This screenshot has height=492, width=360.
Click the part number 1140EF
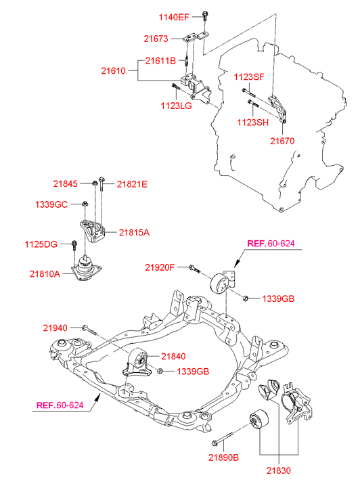[174, 17]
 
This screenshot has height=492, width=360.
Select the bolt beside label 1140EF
[205, 16]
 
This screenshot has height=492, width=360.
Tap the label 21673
[156, 39]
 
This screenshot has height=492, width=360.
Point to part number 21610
[113, 70]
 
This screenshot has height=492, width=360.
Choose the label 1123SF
[249, 77]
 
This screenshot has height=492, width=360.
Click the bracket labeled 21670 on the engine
[278, 108]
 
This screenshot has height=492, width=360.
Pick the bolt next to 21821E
[102, 184]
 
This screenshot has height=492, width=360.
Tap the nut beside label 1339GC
[84, 204]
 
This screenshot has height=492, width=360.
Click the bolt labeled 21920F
[194, 269]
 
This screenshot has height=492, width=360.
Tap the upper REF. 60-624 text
[271, 244]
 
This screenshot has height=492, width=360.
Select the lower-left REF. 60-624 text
[60, 405]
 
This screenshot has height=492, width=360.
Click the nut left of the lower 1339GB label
[160, 371]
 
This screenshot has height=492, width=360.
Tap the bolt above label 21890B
[223, 439]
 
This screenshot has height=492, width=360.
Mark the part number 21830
[279, 470]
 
